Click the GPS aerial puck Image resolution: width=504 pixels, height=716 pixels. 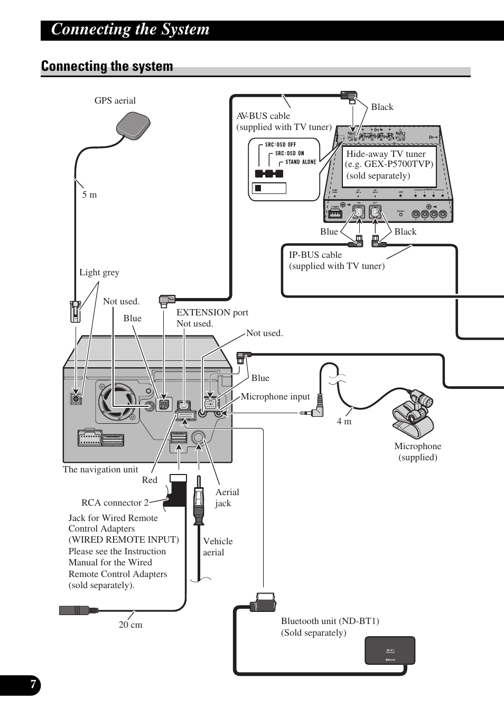click(133, 126)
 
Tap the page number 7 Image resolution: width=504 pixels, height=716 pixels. click(33, 685)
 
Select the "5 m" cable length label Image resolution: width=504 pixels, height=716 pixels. click(89, 194)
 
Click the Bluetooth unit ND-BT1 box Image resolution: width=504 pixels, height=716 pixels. click(390, 650)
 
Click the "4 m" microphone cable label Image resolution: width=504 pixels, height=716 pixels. click(344, 421)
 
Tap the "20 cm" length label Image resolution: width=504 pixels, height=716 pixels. click(130, 625)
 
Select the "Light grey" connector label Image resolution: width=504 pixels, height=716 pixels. click(99, 272)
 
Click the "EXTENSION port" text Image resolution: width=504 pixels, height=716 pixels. click(212, 312)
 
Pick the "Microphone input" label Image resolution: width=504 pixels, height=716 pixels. click(275, 396)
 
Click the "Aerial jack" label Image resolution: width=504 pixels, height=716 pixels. click(227, 497)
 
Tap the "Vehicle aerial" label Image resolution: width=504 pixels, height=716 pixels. click(217, 546)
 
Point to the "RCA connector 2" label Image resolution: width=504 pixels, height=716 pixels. click(115, 503)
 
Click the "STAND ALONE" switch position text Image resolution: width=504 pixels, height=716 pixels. click(301, 162)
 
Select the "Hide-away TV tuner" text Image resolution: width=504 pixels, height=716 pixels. click(386, 154)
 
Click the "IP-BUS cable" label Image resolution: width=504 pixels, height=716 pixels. click(315, 255)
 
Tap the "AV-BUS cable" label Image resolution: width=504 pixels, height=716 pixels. click(263, 116)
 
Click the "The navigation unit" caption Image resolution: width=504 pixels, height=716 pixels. click(100, 469)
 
